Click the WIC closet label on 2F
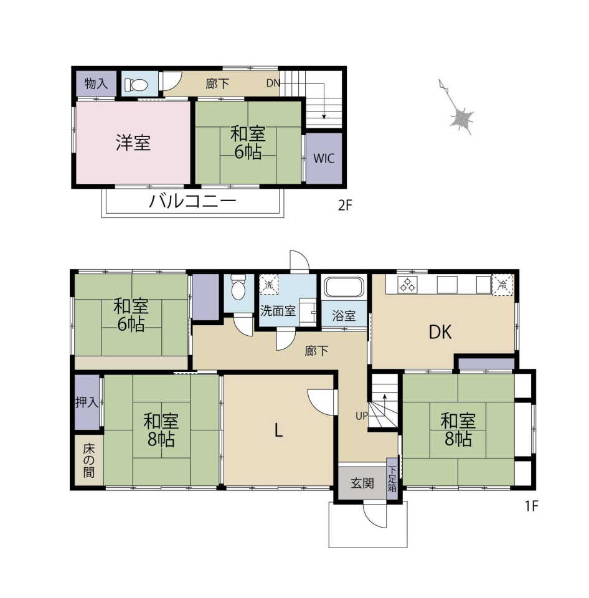(324, 158)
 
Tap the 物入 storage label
(96, 83)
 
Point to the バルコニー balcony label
(192, 201)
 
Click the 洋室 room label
(133, 143)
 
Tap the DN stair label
(273, 83)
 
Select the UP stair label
(362, 415)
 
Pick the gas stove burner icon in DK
(408, 285)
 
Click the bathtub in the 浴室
(344, 287)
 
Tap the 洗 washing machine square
(269, 285)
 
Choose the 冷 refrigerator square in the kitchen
(502, 285)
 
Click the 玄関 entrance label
(362, 483)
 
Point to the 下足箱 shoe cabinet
(392, 479)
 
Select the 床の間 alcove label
(89, 461)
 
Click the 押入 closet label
(87, 402)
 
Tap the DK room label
(440, 332)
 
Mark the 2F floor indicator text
(345, 206)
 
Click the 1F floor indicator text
(531, 506)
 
